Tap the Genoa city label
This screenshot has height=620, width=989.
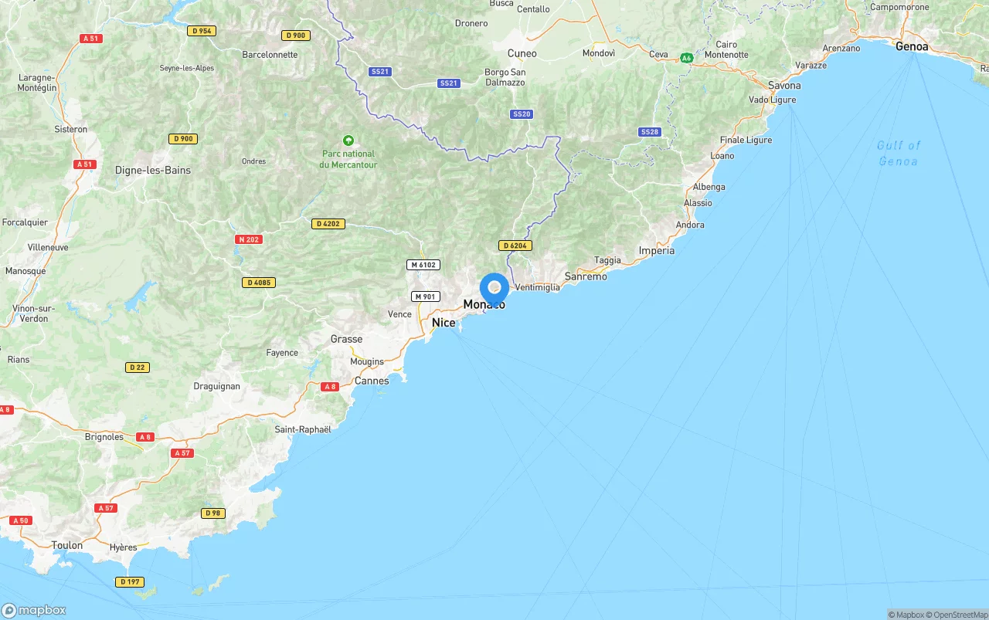912,46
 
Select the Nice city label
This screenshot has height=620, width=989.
444,323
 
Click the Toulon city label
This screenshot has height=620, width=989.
67,545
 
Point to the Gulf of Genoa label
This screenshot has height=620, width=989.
899,153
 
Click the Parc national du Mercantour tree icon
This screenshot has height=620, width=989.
348,141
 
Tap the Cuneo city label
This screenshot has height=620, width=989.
522,53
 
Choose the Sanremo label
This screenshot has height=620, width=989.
586,276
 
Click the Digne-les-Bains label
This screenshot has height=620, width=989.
153,170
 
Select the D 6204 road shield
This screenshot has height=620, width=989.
515,246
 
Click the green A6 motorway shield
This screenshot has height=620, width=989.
686,57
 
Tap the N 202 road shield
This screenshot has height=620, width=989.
249,239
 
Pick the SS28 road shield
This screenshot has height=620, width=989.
650,132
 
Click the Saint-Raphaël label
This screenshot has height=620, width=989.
303,429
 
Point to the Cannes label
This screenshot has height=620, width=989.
372,381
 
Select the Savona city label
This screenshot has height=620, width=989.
784,86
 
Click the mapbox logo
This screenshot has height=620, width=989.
34,610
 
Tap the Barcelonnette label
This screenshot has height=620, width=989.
270,55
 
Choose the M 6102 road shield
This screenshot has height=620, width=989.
423,265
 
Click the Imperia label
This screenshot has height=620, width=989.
657,250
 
